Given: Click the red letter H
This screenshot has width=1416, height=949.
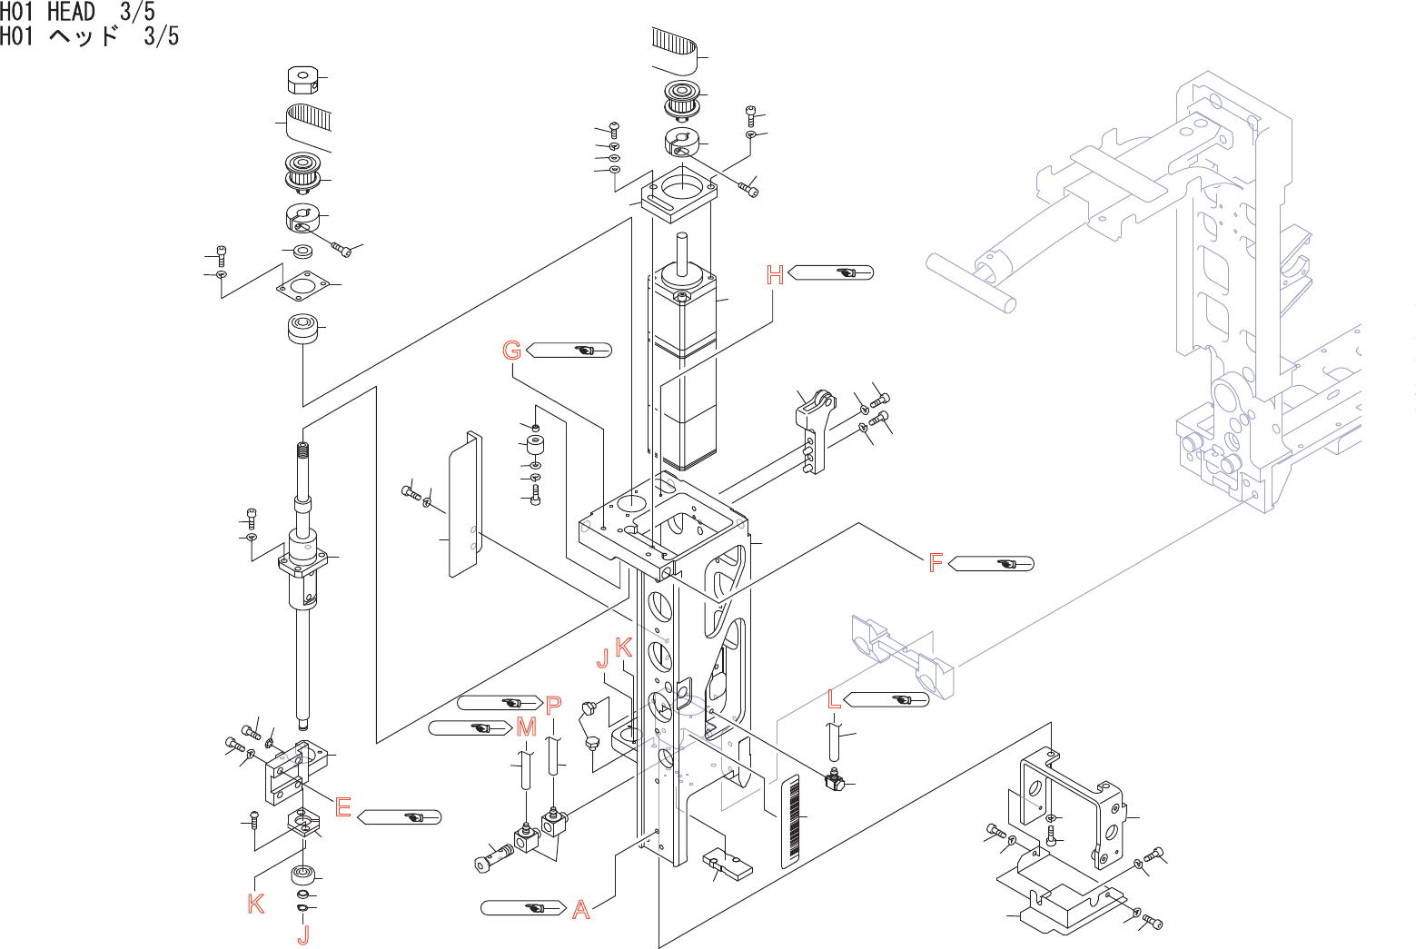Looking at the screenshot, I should (775, 275).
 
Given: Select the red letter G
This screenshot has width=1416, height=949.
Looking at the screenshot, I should (512, 351).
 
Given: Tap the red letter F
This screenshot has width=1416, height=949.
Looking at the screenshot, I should (936, 564).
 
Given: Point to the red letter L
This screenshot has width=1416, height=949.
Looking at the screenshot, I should (835, 699).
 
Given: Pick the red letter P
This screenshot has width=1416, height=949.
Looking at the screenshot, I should (554, 704).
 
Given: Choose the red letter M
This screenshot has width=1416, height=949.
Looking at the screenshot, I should (526, 727).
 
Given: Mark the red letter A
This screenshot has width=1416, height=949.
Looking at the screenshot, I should (581, 909).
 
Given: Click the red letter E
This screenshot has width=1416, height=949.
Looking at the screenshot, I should (342, 806).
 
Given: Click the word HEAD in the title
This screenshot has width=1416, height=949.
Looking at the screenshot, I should (71, 12).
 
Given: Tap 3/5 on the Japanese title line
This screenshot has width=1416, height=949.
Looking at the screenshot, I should (162, 36).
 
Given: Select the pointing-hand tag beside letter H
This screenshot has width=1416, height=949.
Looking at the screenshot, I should (831, 272).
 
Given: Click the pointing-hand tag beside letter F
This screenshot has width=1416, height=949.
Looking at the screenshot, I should (991, 564).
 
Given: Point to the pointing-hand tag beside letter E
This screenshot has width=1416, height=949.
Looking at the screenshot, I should (400, 817).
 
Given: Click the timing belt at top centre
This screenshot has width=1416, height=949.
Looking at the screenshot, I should (674, 44).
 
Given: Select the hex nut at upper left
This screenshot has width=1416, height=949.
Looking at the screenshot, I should (301, 80).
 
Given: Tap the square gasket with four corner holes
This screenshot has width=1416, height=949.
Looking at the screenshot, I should (302, 285).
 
